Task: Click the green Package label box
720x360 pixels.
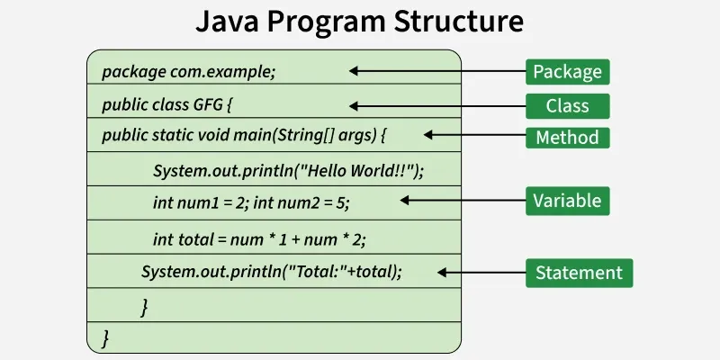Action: click(568, 71)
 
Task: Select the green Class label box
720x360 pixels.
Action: click(568, 105)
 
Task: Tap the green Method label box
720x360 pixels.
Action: click(568, 138)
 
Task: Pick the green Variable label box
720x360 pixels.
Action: click(568, 200)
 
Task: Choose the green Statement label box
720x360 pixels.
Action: click(579, 272)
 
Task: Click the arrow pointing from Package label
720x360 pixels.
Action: click(436, 71)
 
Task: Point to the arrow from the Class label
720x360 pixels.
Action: click(436, 105)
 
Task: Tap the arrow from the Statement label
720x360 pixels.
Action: click(481, 272)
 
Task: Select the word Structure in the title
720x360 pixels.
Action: click(461, 22)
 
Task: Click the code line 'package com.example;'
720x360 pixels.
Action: click(189, 72)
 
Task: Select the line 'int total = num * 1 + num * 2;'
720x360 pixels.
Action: click(259, 238)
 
